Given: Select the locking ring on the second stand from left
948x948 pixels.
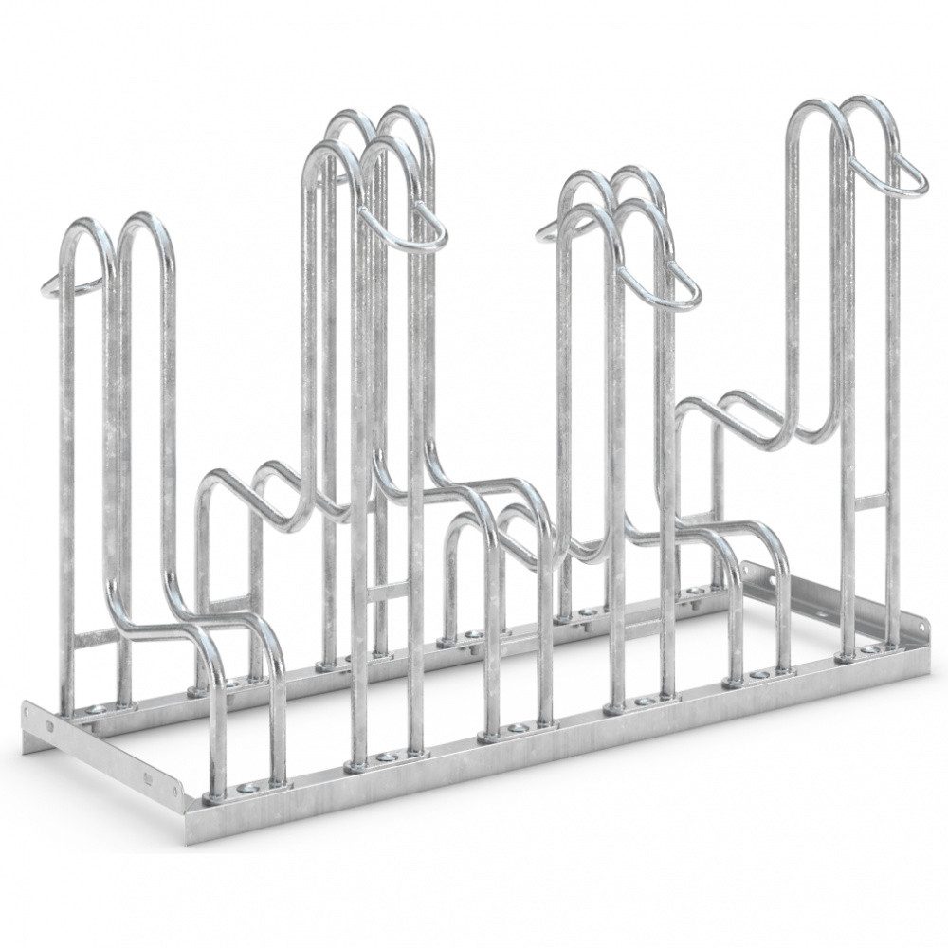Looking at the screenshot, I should click(x=417, y=227).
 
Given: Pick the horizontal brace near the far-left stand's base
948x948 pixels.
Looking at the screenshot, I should click(x=95, y=641).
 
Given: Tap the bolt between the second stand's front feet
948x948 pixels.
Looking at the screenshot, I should click(x=385, y=758).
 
